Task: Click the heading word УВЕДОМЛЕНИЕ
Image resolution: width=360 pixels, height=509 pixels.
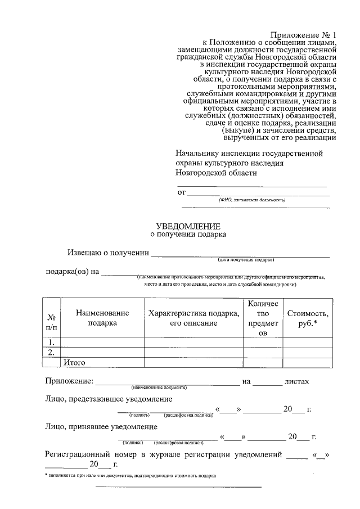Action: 188,225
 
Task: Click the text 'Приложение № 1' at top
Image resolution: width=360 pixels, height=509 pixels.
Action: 303,35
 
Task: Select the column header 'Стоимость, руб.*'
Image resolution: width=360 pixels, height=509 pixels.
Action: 307,318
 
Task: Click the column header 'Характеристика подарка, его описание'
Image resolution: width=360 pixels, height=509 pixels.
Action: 193,318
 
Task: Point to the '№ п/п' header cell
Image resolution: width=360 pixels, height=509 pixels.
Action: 51,322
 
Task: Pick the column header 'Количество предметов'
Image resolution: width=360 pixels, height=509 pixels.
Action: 263,318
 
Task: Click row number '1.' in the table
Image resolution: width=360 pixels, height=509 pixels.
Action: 51,342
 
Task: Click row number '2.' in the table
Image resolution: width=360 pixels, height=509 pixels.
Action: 51,352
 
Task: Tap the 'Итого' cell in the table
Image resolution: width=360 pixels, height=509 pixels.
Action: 74,362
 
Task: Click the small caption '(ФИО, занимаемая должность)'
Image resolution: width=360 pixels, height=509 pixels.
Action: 252,200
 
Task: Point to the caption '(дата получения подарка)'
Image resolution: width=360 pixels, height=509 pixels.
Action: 246,260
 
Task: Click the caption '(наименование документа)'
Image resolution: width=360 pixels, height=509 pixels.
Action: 159,388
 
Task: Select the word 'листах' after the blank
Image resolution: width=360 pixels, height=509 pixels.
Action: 297,382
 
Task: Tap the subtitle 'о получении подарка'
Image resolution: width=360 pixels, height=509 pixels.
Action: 188,235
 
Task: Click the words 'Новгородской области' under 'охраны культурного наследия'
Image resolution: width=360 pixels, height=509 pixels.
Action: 216,173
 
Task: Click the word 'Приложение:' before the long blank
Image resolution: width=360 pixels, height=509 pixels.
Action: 69,382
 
